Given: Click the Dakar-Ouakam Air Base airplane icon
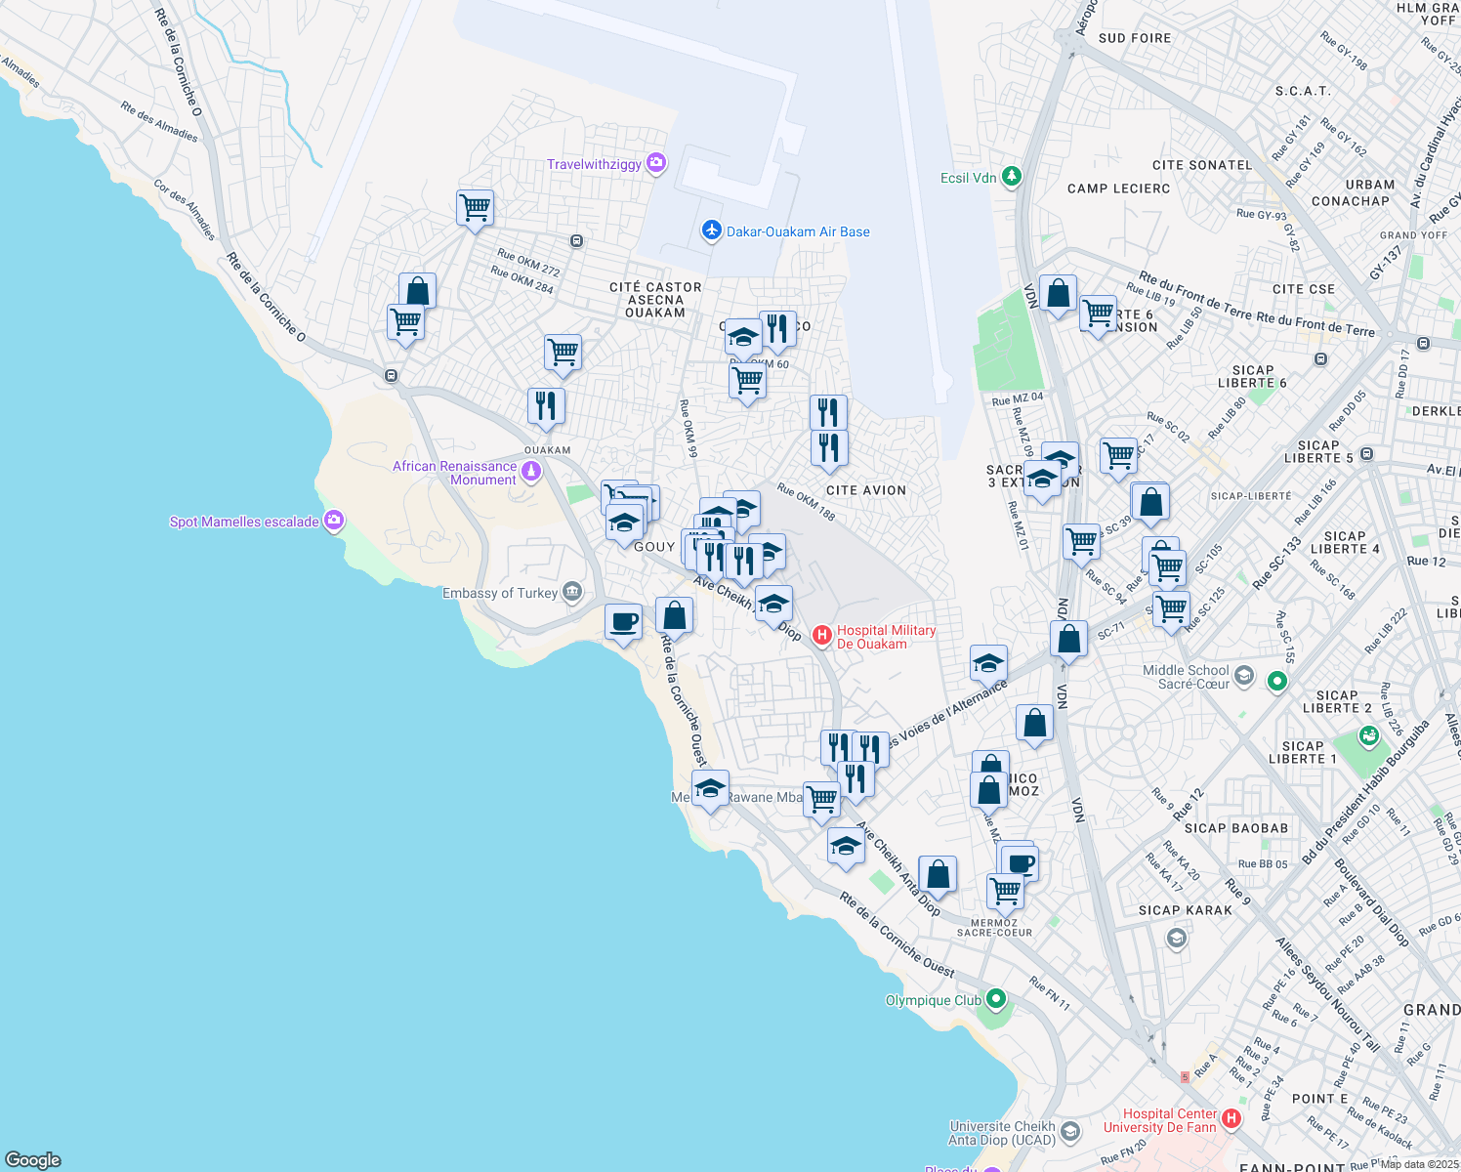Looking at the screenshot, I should tap(711, 230).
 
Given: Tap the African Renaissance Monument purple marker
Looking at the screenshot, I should tap(531, 473).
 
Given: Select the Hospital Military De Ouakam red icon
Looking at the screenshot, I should tap(822, 637).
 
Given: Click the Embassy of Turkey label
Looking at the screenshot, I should tap(500, 593).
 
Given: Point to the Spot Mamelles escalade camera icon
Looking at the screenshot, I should tap(334, 521).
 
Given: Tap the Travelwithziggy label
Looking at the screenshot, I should tap(594, 164).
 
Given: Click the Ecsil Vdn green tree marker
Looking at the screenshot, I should tap(1012, 177).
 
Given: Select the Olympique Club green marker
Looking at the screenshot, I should tap(995, 999).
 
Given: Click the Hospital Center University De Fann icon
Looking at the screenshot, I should tap(1231, 1119).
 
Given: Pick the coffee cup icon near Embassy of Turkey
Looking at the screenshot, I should tap(623, 622).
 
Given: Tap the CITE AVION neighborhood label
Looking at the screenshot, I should tap(865, 490).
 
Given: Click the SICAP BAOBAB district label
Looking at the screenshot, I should tap(1235, 828).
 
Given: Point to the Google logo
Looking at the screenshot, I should tap(33, 1159).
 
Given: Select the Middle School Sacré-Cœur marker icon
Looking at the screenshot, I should tap(1243, 676).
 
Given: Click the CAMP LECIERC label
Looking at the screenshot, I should tap(1118, 188).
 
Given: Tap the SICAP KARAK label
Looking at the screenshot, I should tap(1186, 910).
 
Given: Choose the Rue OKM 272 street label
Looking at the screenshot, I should tap(528, 264).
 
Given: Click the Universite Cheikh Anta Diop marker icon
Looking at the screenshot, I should tap(1070, 1132).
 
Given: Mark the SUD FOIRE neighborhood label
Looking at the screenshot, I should tap(1134, 38).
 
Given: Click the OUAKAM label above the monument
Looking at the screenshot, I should tap(547, 450).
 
